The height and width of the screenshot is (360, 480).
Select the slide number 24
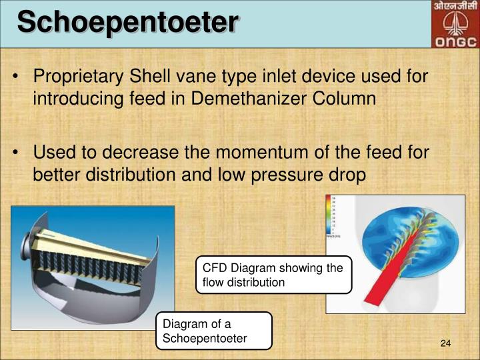tap(446, 343)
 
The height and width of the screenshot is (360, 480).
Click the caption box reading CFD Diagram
tap(273, 275)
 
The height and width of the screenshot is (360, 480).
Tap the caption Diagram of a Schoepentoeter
tap(213, 331)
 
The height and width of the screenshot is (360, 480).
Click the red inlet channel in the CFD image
tap(371, 280)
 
